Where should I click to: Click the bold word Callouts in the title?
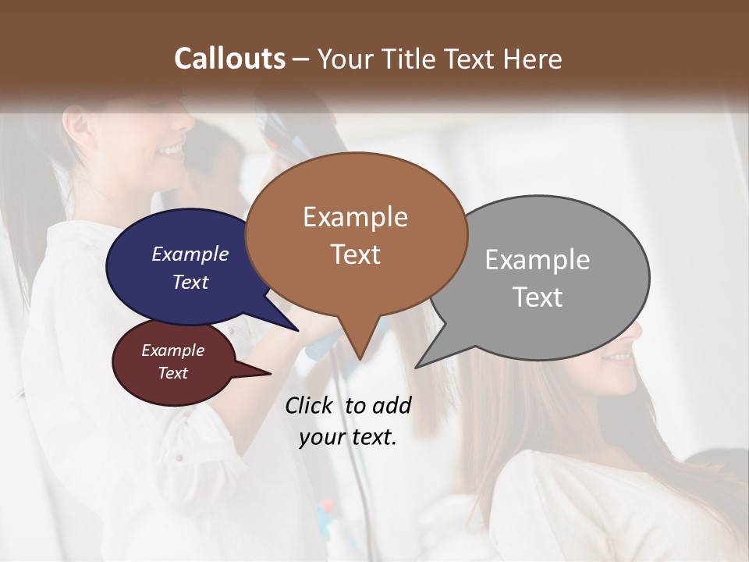229,59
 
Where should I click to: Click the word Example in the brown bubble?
355,217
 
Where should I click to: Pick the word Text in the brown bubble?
355,254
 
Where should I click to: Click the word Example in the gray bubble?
538,260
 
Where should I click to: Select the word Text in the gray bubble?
538,297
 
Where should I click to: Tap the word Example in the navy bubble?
190,254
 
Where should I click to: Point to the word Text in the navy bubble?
190,282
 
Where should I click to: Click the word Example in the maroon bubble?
173,350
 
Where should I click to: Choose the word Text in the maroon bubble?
173,373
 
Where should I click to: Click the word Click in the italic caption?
310,405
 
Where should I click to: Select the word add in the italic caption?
391,405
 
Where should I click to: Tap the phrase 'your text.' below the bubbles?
348,437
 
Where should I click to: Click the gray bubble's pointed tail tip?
417,366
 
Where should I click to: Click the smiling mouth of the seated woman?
620,357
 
